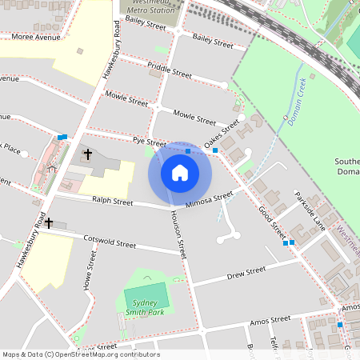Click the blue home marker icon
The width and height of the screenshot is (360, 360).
tap(180, 172)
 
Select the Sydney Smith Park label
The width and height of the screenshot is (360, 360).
tap(147, 297)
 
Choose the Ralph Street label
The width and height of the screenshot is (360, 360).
tap(112, 202)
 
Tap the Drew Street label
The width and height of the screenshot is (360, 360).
tap(246, 273)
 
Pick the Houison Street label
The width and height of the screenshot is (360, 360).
tap(178, 233)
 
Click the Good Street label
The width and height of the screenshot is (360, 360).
tap(272, 222)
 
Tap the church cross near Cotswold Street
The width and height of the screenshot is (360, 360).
tap(49, 223)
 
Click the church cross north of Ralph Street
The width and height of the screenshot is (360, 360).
tap(87, 152)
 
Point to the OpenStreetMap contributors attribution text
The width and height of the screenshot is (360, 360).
tap(80, 354)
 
